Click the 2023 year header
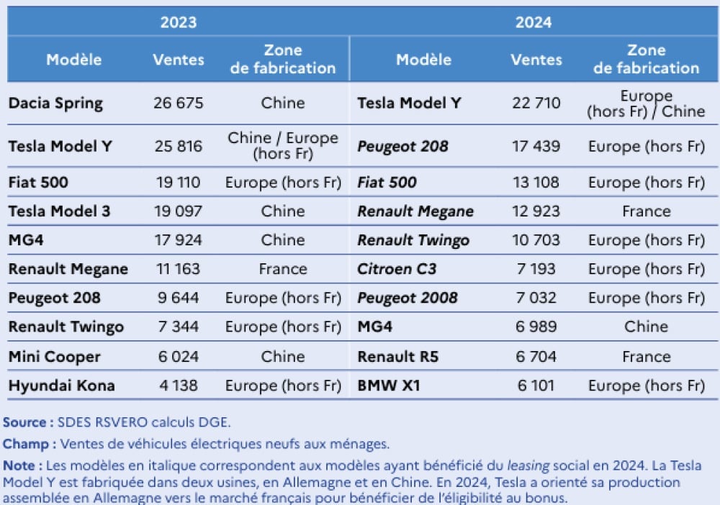coord(178,22)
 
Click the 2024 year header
coord(534,22)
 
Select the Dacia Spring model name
coord(55,103)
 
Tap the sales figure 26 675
coord(178,103)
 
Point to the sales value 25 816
coord(178,147)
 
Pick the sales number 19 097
coord(178,211)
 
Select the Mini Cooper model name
coord(55,357)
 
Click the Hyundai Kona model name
coord(61,386)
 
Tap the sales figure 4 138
coord(178,386)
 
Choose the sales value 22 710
coord(536,103)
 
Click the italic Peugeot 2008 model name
coord(407,298)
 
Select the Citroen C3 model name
coord(397,269)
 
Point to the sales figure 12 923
coord(536,211)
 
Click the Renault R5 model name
coord(398,357)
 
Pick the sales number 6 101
coord(536,386)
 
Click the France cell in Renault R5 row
coord(646,357)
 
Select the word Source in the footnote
coord(25,422)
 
